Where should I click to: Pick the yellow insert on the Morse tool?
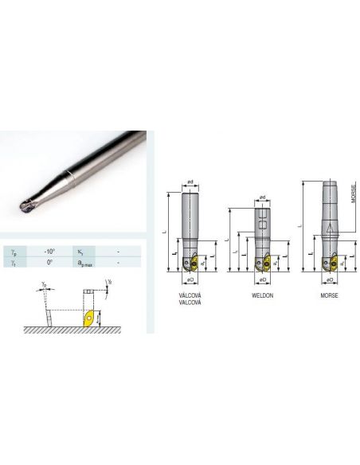(327, 263)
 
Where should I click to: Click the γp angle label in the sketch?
(45, 284)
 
